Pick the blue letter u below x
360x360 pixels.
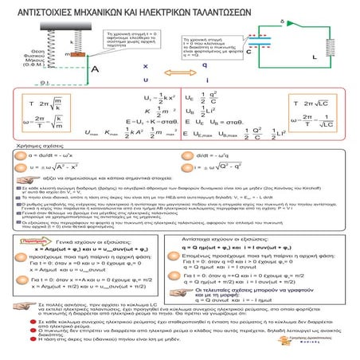point(144,80)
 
